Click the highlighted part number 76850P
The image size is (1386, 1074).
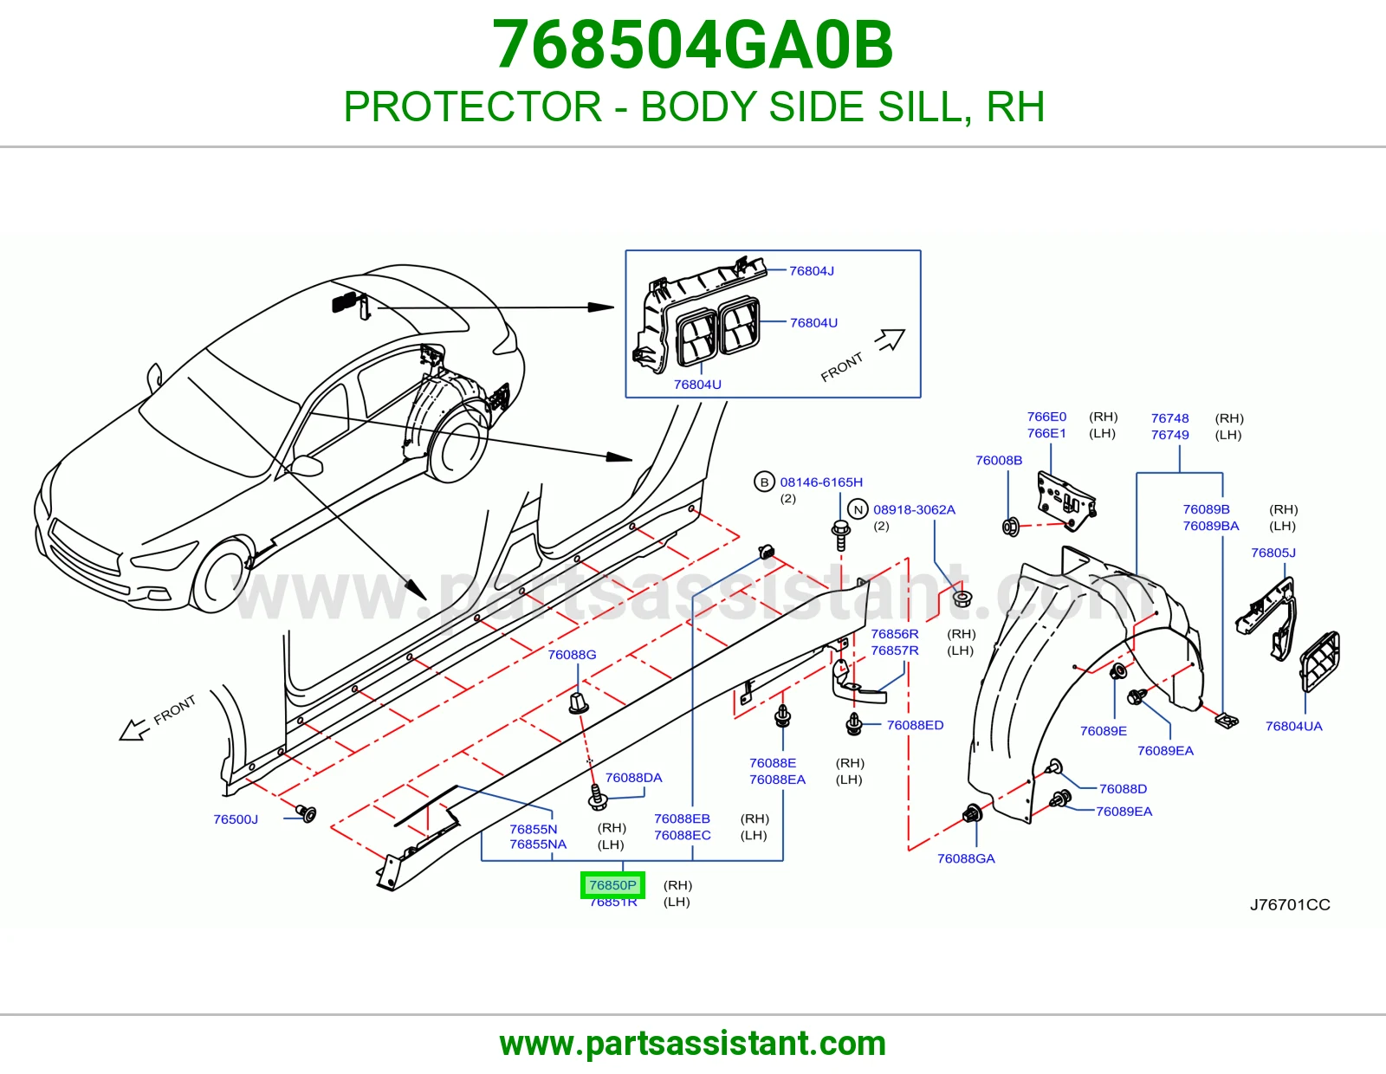coord(612,885)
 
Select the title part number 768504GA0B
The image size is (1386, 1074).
coord(693,45)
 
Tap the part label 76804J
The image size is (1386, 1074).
coord(812,271)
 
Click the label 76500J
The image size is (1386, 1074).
coord(236,819)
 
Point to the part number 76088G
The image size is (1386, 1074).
coord(572,655)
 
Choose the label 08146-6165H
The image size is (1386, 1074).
coord(821,482)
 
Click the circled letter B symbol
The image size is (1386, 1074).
coord(764,482)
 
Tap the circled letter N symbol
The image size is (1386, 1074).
coord(858,509)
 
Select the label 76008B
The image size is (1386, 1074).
coord(999,461)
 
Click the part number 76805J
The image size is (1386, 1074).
coord(1273,553)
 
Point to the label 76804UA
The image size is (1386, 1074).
coord(1293,727)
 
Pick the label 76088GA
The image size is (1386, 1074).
coord(966,858)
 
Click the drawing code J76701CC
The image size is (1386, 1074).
coord(1290,905)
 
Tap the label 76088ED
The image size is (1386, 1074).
coord(915,725)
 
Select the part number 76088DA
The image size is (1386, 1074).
coord(633,778)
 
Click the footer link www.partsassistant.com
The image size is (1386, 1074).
coord(693,1044)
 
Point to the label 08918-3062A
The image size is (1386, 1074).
coord(914,509)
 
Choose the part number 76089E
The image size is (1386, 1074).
coord(1104,731)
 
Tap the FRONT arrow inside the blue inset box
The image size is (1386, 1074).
coord(891,340)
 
